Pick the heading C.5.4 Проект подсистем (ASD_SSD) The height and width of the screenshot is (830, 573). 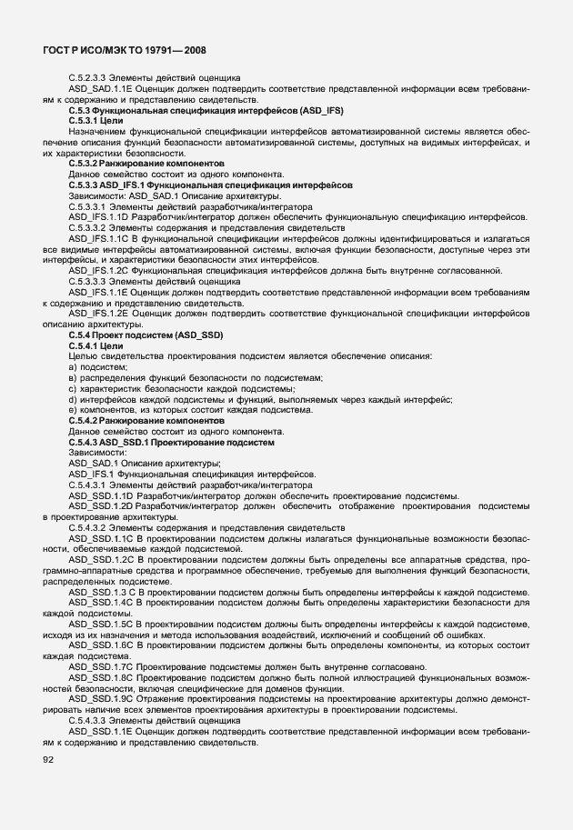coord(145,335)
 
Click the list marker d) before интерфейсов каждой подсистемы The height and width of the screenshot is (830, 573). coord(73,399)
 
